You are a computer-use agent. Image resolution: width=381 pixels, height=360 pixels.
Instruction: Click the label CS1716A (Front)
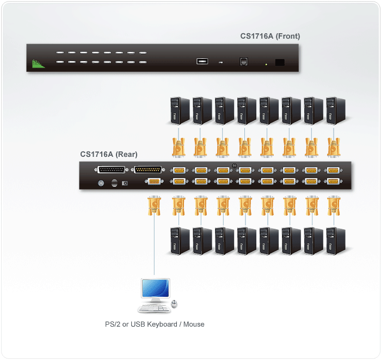(270, 36)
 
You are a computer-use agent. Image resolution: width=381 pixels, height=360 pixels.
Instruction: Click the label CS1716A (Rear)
(108, 154)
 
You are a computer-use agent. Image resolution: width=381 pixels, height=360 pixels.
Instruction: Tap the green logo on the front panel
(38, 64)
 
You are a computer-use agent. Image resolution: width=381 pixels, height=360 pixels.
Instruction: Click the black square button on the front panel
(280, 62)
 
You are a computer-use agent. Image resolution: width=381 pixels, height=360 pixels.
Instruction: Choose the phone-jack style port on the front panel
(243, 62)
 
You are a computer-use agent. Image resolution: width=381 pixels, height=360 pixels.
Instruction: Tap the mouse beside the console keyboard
(174, 303)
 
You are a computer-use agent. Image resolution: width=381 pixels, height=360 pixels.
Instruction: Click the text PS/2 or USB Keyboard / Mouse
(155, 324)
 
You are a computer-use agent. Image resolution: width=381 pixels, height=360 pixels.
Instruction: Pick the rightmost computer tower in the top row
(334, 111)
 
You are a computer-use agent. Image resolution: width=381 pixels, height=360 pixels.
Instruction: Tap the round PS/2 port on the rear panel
(100, 184)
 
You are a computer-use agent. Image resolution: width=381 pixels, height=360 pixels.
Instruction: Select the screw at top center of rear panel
(235, 166)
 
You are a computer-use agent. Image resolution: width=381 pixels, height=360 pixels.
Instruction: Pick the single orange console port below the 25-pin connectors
(154, 182)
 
